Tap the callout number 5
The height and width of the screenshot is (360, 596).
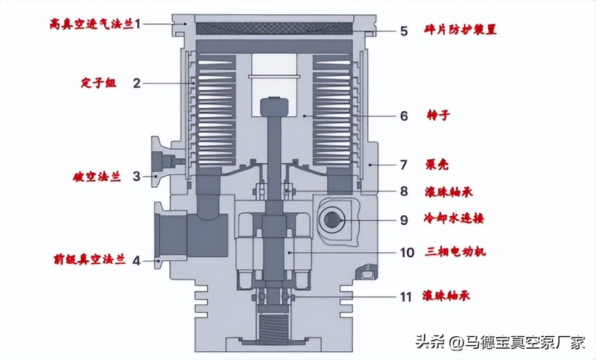404,31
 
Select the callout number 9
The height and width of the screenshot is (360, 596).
404,220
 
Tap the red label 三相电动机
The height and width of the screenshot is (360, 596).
456,252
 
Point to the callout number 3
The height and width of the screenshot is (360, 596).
136,177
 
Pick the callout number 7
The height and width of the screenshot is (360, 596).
404,163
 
